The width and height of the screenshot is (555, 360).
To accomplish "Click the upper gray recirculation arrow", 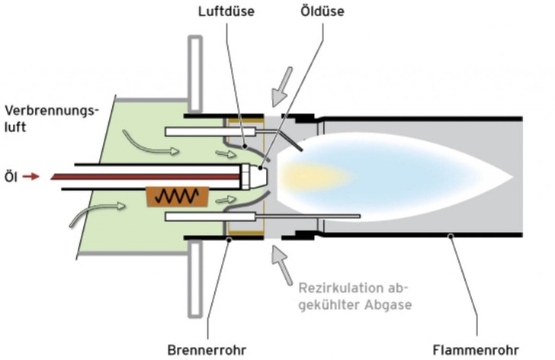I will (280, 83).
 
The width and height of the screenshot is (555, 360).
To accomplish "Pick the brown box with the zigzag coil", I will (178, 197).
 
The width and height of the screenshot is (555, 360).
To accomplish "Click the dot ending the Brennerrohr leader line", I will (229, 238).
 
